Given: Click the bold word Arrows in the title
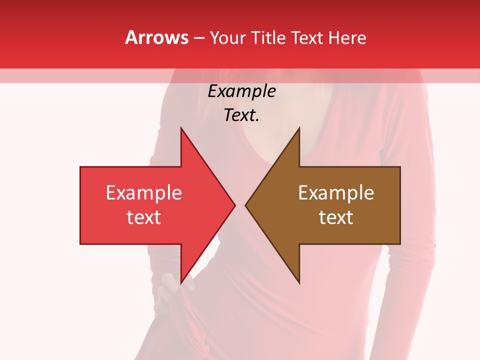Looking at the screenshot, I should point(156,37).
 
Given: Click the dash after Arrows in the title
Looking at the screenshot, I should point(199,38).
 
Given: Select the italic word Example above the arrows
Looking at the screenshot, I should point(241,91).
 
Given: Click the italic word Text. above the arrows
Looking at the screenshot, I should point(241,115).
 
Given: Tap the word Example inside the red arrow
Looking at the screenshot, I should point(144,193).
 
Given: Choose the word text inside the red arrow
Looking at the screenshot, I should point(144,217).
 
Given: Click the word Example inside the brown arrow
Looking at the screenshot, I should point(336,193).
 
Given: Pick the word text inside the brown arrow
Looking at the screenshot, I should point(336,217).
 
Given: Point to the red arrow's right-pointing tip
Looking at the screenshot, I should point(234,205).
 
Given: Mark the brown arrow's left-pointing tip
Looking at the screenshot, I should point(246,205).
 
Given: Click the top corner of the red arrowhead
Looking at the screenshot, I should point(181,128).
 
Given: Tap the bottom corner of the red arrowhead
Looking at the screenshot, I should point(181,283).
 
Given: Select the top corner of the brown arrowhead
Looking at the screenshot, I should point(299,128).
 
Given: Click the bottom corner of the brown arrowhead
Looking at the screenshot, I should point(299,283).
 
